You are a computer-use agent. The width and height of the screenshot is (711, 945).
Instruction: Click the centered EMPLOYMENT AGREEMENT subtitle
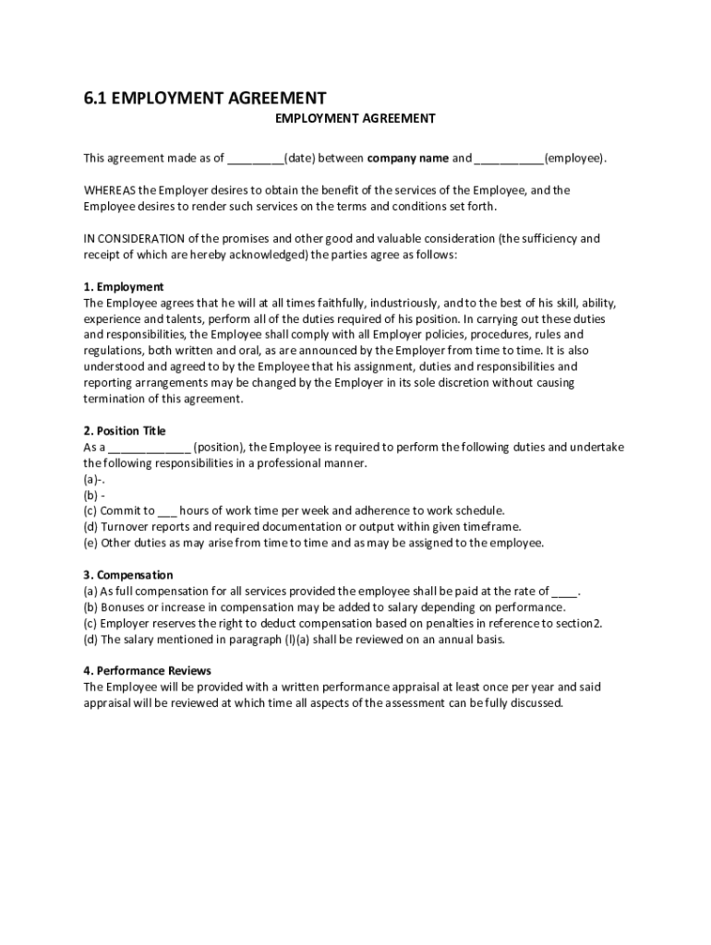[355, 118]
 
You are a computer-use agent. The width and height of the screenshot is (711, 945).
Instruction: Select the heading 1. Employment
[124, 286]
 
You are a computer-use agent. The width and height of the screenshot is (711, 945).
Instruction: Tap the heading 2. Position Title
[125, 430]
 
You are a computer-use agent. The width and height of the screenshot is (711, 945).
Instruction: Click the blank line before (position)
[150, 448]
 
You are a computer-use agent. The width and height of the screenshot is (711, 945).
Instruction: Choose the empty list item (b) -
[94, 495]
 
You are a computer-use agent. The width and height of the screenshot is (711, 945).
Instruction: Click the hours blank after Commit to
[167, 511]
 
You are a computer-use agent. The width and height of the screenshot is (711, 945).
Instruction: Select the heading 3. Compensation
[128, 575]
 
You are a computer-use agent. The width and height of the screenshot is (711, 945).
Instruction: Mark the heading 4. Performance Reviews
[148, 671]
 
